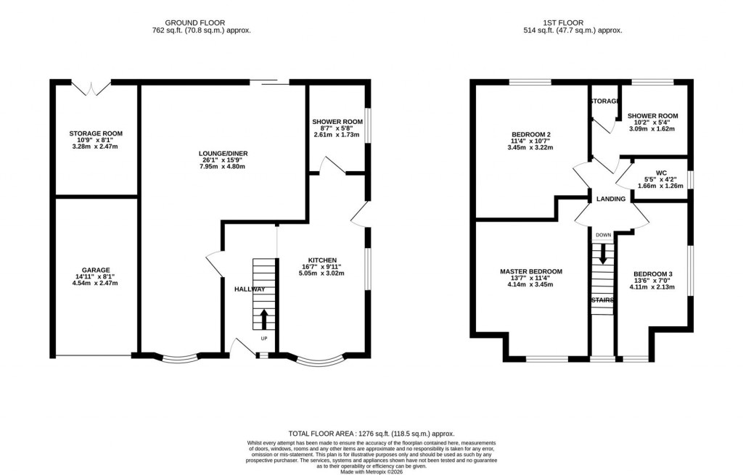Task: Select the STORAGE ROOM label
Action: (96, 134)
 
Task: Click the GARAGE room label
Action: (96, 269)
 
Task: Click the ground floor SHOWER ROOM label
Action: (337, 122)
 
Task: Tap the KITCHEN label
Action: (321, 260)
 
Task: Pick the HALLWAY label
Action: (250, 289)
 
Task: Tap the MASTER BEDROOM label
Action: (530, 272)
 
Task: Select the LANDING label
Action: (610, 199)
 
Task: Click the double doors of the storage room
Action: (91, 88)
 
